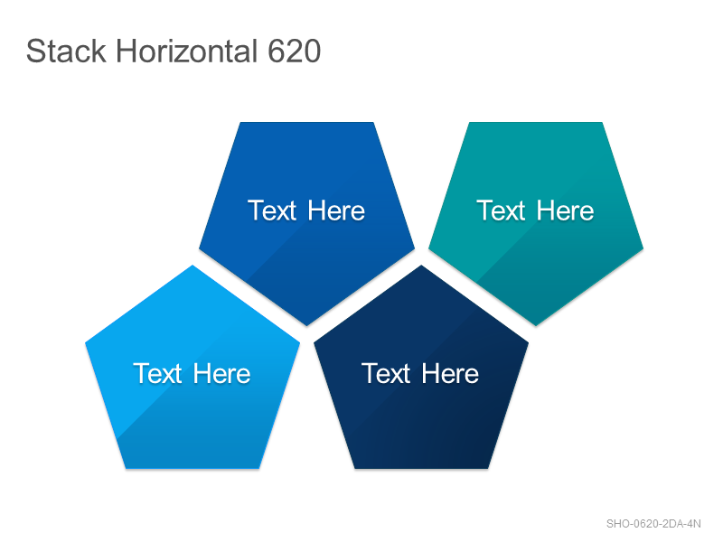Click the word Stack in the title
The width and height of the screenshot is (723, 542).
66,51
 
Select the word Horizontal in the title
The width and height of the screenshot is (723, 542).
187,51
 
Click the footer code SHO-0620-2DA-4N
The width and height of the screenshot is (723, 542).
653,524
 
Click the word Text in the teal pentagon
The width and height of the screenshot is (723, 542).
501,210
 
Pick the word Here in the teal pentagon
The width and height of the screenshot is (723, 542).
566,210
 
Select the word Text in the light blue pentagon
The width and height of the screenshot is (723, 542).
157,373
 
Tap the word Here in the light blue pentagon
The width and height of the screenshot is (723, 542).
222,373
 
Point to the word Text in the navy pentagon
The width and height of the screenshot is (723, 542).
386,373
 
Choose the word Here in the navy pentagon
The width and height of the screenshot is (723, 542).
450,373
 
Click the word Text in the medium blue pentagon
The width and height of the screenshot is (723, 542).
272,210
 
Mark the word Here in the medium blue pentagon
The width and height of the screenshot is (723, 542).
336,210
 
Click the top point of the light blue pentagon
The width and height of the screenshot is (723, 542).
192,266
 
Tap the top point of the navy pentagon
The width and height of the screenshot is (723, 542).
421,266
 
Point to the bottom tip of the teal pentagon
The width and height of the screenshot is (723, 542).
536,325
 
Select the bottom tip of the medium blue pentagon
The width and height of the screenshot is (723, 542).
307,325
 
